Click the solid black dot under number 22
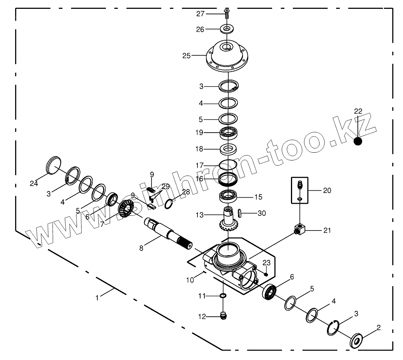click(x=358, y=141)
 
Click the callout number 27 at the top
click(x=200, y=14)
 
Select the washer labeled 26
click(x=227, y=29)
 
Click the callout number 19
click(x=199, y=132)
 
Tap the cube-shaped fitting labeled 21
click(x=300, y=230)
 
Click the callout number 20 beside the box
click(x=327, y=191)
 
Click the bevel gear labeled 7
click(x=125, y=209)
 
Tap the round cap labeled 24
click(x=54, y=165)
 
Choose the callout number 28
click(x=186, y=192)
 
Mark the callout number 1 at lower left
click(x=97, y=298)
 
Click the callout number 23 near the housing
click(x=266, y=263)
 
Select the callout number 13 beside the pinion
click(x=199, y=215)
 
